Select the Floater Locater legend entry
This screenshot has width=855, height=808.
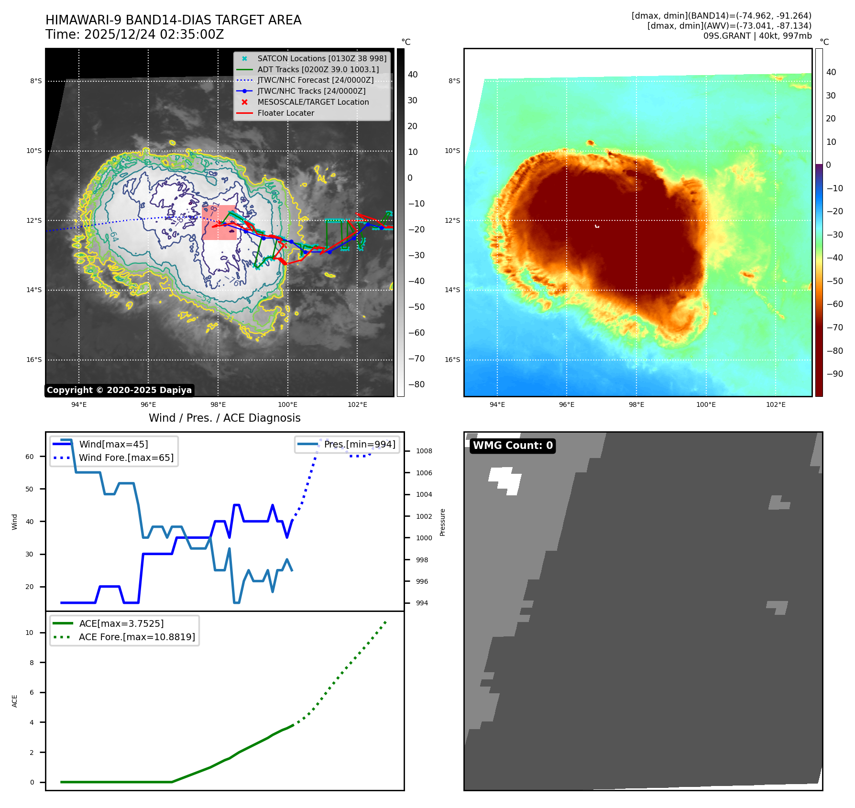pyautogui.click(x=285, y=113)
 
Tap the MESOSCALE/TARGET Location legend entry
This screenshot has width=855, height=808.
pyautogui.click(x=313, y=102)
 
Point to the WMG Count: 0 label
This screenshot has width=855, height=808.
pyautogui.click(x=513, y=446)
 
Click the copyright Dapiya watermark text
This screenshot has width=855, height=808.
pyautogui.click(x=119, y=390)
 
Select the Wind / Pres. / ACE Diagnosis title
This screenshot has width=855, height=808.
pyautogui.click(x=224, y=418)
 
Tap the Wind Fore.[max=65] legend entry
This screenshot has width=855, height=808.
pyautogui.click(x=126, y=458)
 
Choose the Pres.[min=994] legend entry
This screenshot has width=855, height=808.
pyautogui.click(x=359, y=444)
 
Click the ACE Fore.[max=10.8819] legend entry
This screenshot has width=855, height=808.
pyautogui.click(x=137, y=637)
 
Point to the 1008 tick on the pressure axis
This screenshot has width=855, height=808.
pyautogui.click(x=424, y=451)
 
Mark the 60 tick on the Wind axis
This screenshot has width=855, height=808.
pyautogui.click(x=30, y=457)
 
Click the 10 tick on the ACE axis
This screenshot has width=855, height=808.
pyautogui.click(x=30, y=633)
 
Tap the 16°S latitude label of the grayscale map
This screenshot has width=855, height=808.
pyautogui.click(x=34, y=360)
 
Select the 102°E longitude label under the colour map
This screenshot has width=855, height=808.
pyautogui.click(x=776, y=404)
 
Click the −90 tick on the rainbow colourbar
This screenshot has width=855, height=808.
pyautogui.click(x=834, y=374)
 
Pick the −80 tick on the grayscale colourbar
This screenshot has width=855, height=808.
pyautogui.click(x=416, y=384)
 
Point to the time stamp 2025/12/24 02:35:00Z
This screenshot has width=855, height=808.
pyautogui.click(x=153, y=34)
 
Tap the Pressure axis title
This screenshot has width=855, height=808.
pyautogui.click(x=442, y=522)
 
